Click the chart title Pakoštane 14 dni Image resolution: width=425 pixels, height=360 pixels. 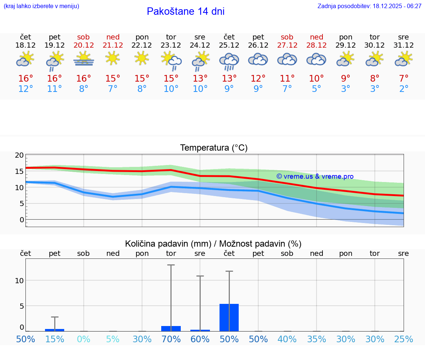coord(186,11)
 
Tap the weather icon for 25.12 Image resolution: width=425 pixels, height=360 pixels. coord(229,61)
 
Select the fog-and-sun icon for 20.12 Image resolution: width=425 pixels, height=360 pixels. coord(84,59)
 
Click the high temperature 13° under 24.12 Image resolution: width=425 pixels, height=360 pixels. coord(200,79)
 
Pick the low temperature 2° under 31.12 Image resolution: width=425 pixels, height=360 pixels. coord(404,89)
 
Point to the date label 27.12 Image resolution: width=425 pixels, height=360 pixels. coord(287,45)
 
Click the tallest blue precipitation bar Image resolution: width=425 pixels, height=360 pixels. coord(229,318)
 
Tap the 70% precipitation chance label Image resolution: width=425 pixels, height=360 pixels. coord(171,339)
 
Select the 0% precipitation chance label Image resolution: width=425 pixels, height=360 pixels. coord(84,339)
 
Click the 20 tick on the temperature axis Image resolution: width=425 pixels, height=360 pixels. coord(19,155)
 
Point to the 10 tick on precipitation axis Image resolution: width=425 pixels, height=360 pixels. coord(19,281)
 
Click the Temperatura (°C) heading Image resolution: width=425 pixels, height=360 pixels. coord(214,148)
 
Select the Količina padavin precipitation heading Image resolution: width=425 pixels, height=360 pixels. coord(213,244)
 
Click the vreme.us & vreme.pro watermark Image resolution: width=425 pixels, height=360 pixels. coord(315,176)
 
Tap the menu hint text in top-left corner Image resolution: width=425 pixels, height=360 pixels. coord(41,6)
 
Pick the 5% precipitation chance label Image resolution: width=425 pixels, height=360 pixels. coord(113,339)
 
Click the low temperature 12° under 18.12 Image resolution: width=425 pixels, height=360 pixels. coord(25,89)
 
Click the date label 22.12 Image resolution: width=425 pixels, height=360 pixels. coord(142,45)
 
